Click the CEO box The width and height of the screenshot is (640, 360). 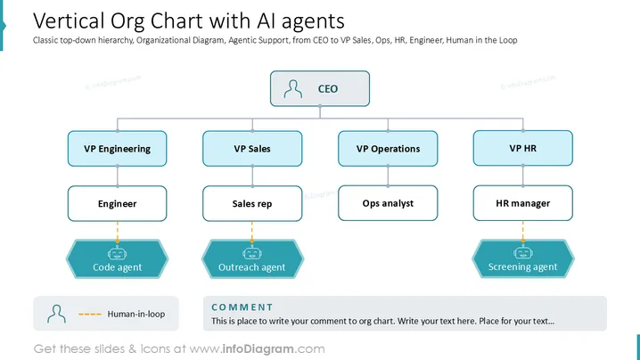[320, 88]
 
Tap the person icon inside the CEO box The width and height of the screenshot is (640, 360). [293, 89]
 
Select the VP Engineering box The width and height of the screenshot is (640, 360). [117, 149]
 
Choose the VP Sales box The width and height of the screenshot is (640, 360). [252, 149]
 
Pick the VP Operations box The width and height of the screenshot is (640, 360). [388, 149]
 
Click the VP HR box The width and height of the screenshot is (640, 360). [523, 148]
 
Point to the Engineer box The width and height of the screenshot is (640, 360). [117, 204]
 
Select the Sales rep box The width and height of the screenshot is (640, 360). [252, 204]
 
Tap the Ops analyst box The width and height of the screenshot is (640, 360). [388, 203]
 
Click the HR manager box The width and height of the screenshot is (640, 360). [523, 203]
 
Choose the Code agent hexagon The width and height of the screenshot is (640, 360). [117, 259]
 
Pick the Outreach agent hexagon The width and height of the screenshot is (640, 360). [252, 259]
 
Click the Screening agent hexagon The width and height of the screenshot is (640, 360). [523, 258]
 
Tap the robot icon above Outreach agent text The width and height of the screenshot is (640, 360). [252, 253]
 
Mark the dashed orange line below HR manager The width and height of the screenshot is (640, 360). [523, 231]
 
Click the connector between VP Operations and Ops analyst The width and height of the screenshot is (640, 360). [388, 176]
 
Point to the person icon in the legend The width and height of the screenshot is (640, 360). [56, 314]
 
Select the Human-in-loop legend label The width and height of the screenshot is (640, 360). [136, 314]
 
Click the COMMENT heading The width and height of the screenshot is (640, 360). [242, 307]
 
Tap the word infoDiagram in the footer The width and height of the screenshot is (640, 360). [258, 349]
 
